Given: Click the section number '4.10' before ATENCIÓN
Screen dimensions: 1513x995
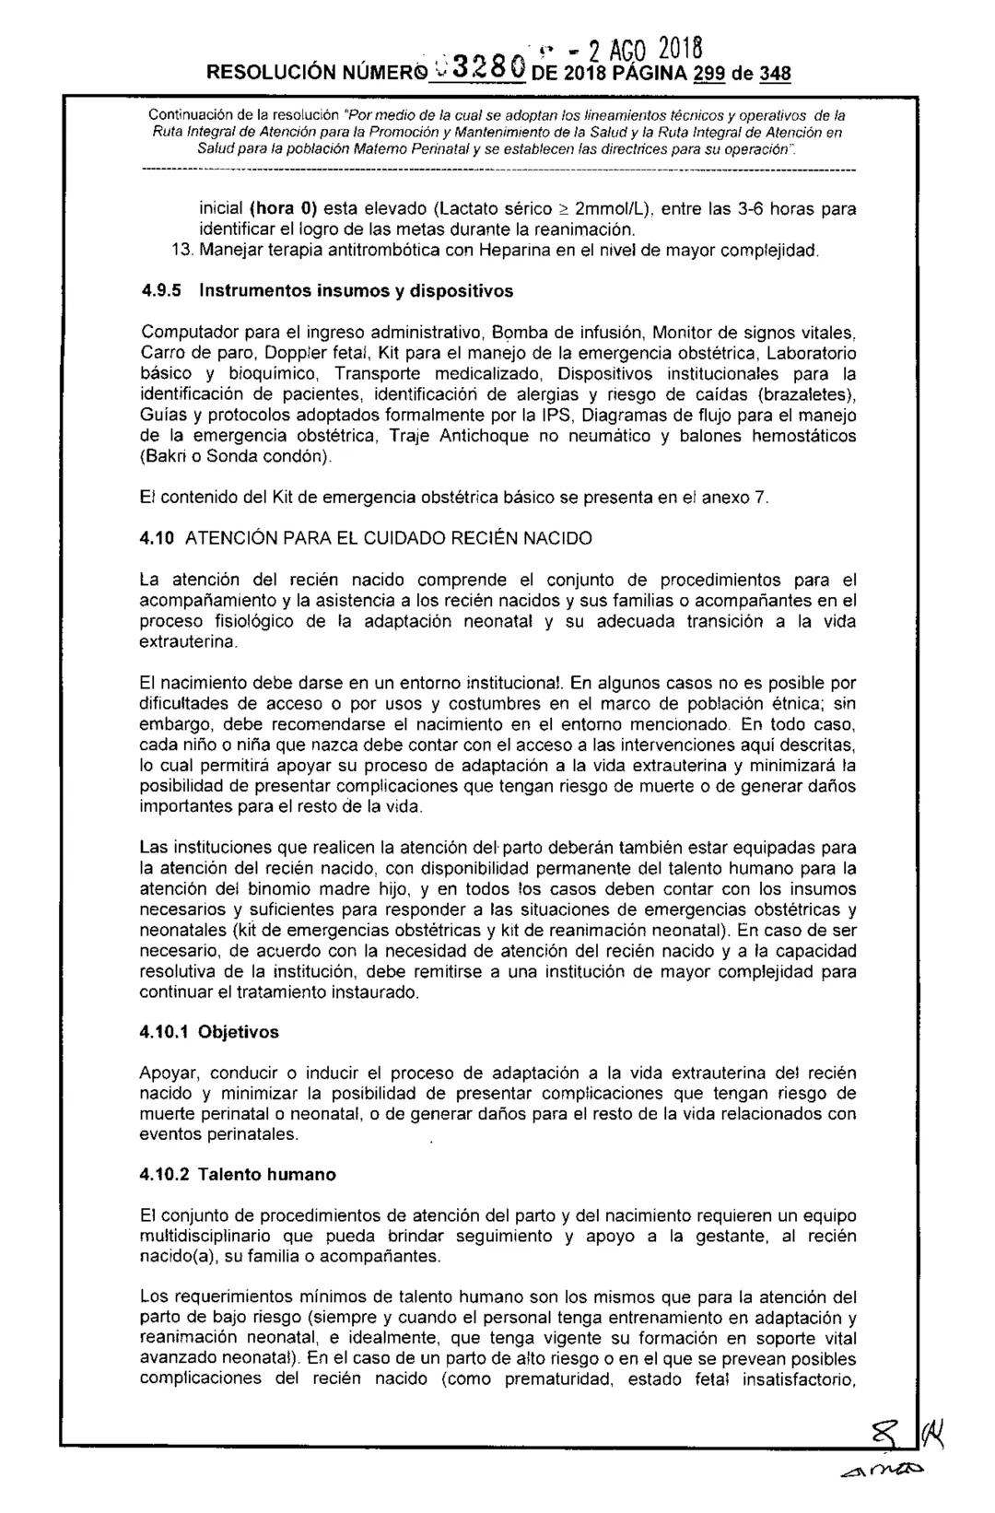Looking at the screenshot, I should (158, 537).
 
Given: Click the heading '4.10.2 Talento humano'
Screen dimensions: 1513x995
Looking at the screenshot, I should (237, 1175).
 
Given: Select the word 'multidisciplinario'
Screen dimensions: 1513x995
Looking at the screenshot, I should (205, 1236).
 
